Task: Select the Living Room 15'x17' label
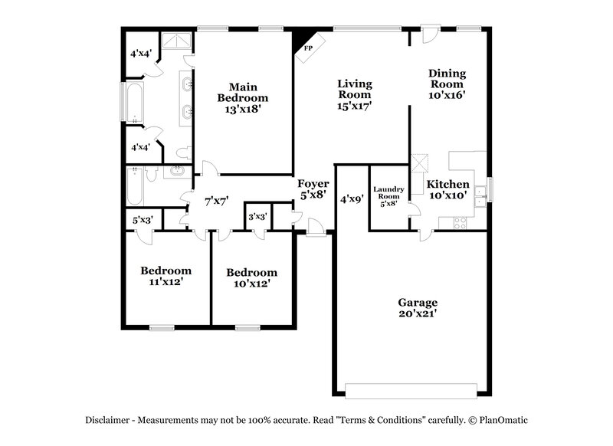coord(355,94)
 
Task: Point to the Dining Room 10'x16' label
coord(447,84)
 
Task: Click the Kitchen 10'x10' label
coord(447,190)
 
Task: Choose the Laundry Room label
coord(388,196)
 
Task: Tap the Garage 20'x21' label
coord(417,307)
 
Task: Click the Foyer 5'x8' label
coord(313,189)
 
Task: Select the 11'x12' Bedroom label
coord(166,276)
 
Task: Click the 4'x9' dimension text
coord(351,198)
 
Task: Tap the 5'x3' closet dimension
coord(143,220)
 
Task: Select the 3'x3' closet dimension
coord(257,217)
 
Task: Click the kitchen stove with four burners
coord(461,223)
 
